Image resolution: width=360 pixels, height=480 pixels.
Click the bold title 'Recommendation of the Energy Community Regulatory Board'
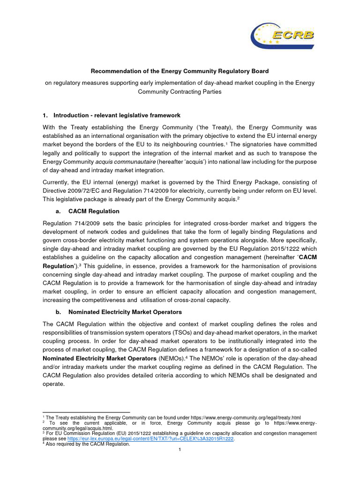[180, 71]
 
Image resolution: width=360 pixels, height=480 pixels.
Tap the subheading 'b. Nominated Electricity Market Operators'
[119, 312]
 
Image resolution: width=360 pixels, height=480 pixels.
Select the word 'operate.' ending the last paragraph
[53, 383]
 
